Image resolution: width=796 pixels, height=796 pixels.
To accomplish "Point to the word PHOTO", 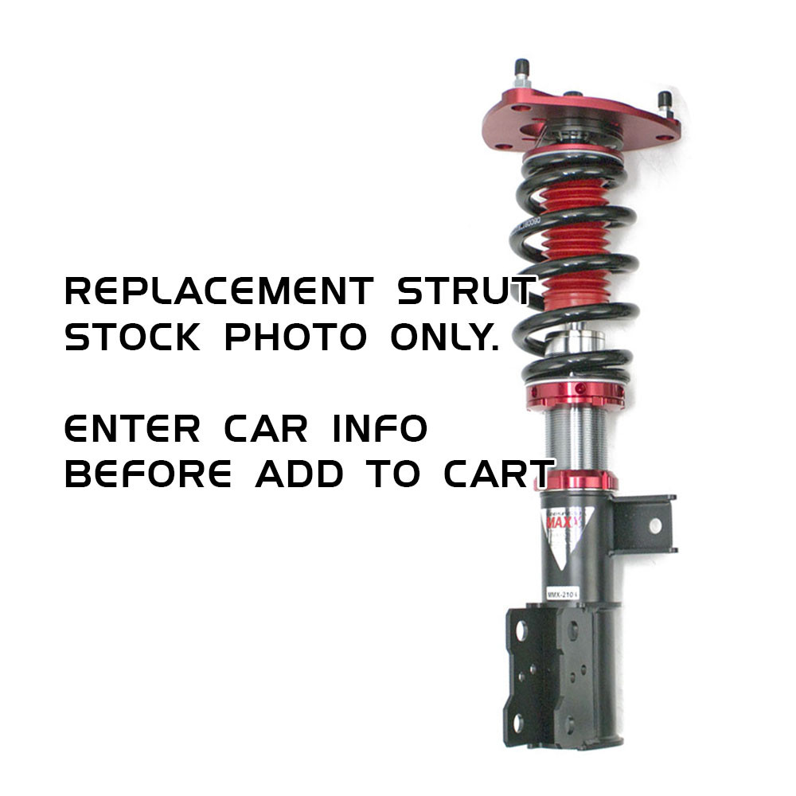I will pyautogui.click(x=295, y=338).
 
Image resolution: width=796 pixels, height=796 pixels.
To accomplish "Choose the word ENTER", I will pyautogui.click(x=132, y=429).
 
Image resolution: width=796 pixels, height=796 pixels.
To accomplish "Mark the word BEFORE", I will pyautogui.click(x=148, y=475).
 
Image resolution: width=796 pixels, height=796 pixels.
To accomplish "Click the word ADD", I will pyautogui.click(x=300, y=475).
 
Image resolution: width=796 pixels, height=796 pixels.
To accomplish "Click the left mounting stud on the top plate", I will pyautogui.click(x=522, y=71).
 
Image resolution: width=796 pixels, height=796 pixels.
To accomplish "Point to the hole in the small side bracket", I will pyautogui.click(x=655, y=526).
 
